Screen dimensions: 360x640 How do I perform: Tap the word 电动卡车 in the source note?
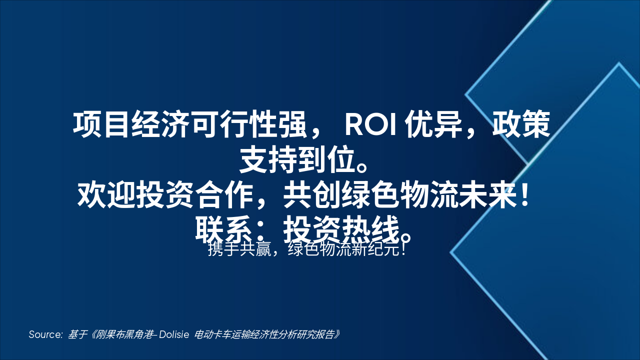tap(210, 334)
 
